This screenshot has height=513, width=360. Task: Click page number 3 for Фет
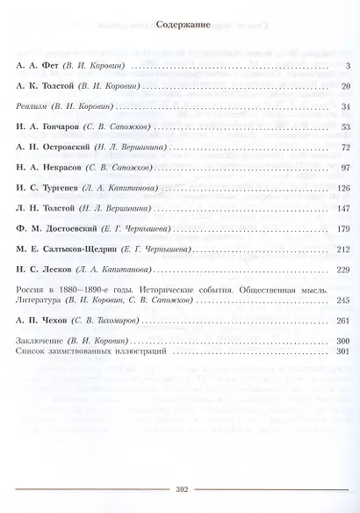tap(348, 68)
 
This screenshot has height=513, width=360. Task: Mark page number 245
tap(342, 300)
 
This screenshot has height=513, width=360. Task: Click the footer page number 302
tap(179, 490)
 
